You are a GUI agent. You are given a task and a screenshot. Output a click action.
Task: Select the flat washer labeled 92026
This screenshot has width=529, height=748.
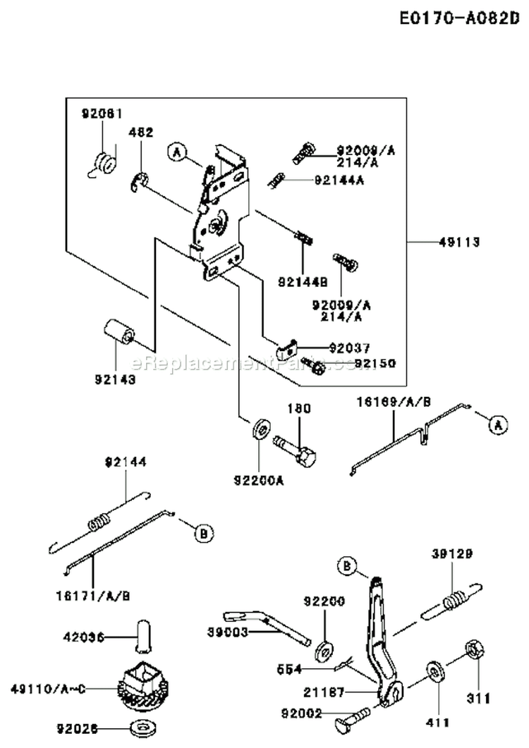pyautogui.click(x=147, y=727)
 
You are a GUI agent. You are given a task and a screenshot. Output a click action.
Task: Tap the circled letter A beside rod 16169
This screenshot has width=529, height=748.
pyautogui.click(x=498, y=424)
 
